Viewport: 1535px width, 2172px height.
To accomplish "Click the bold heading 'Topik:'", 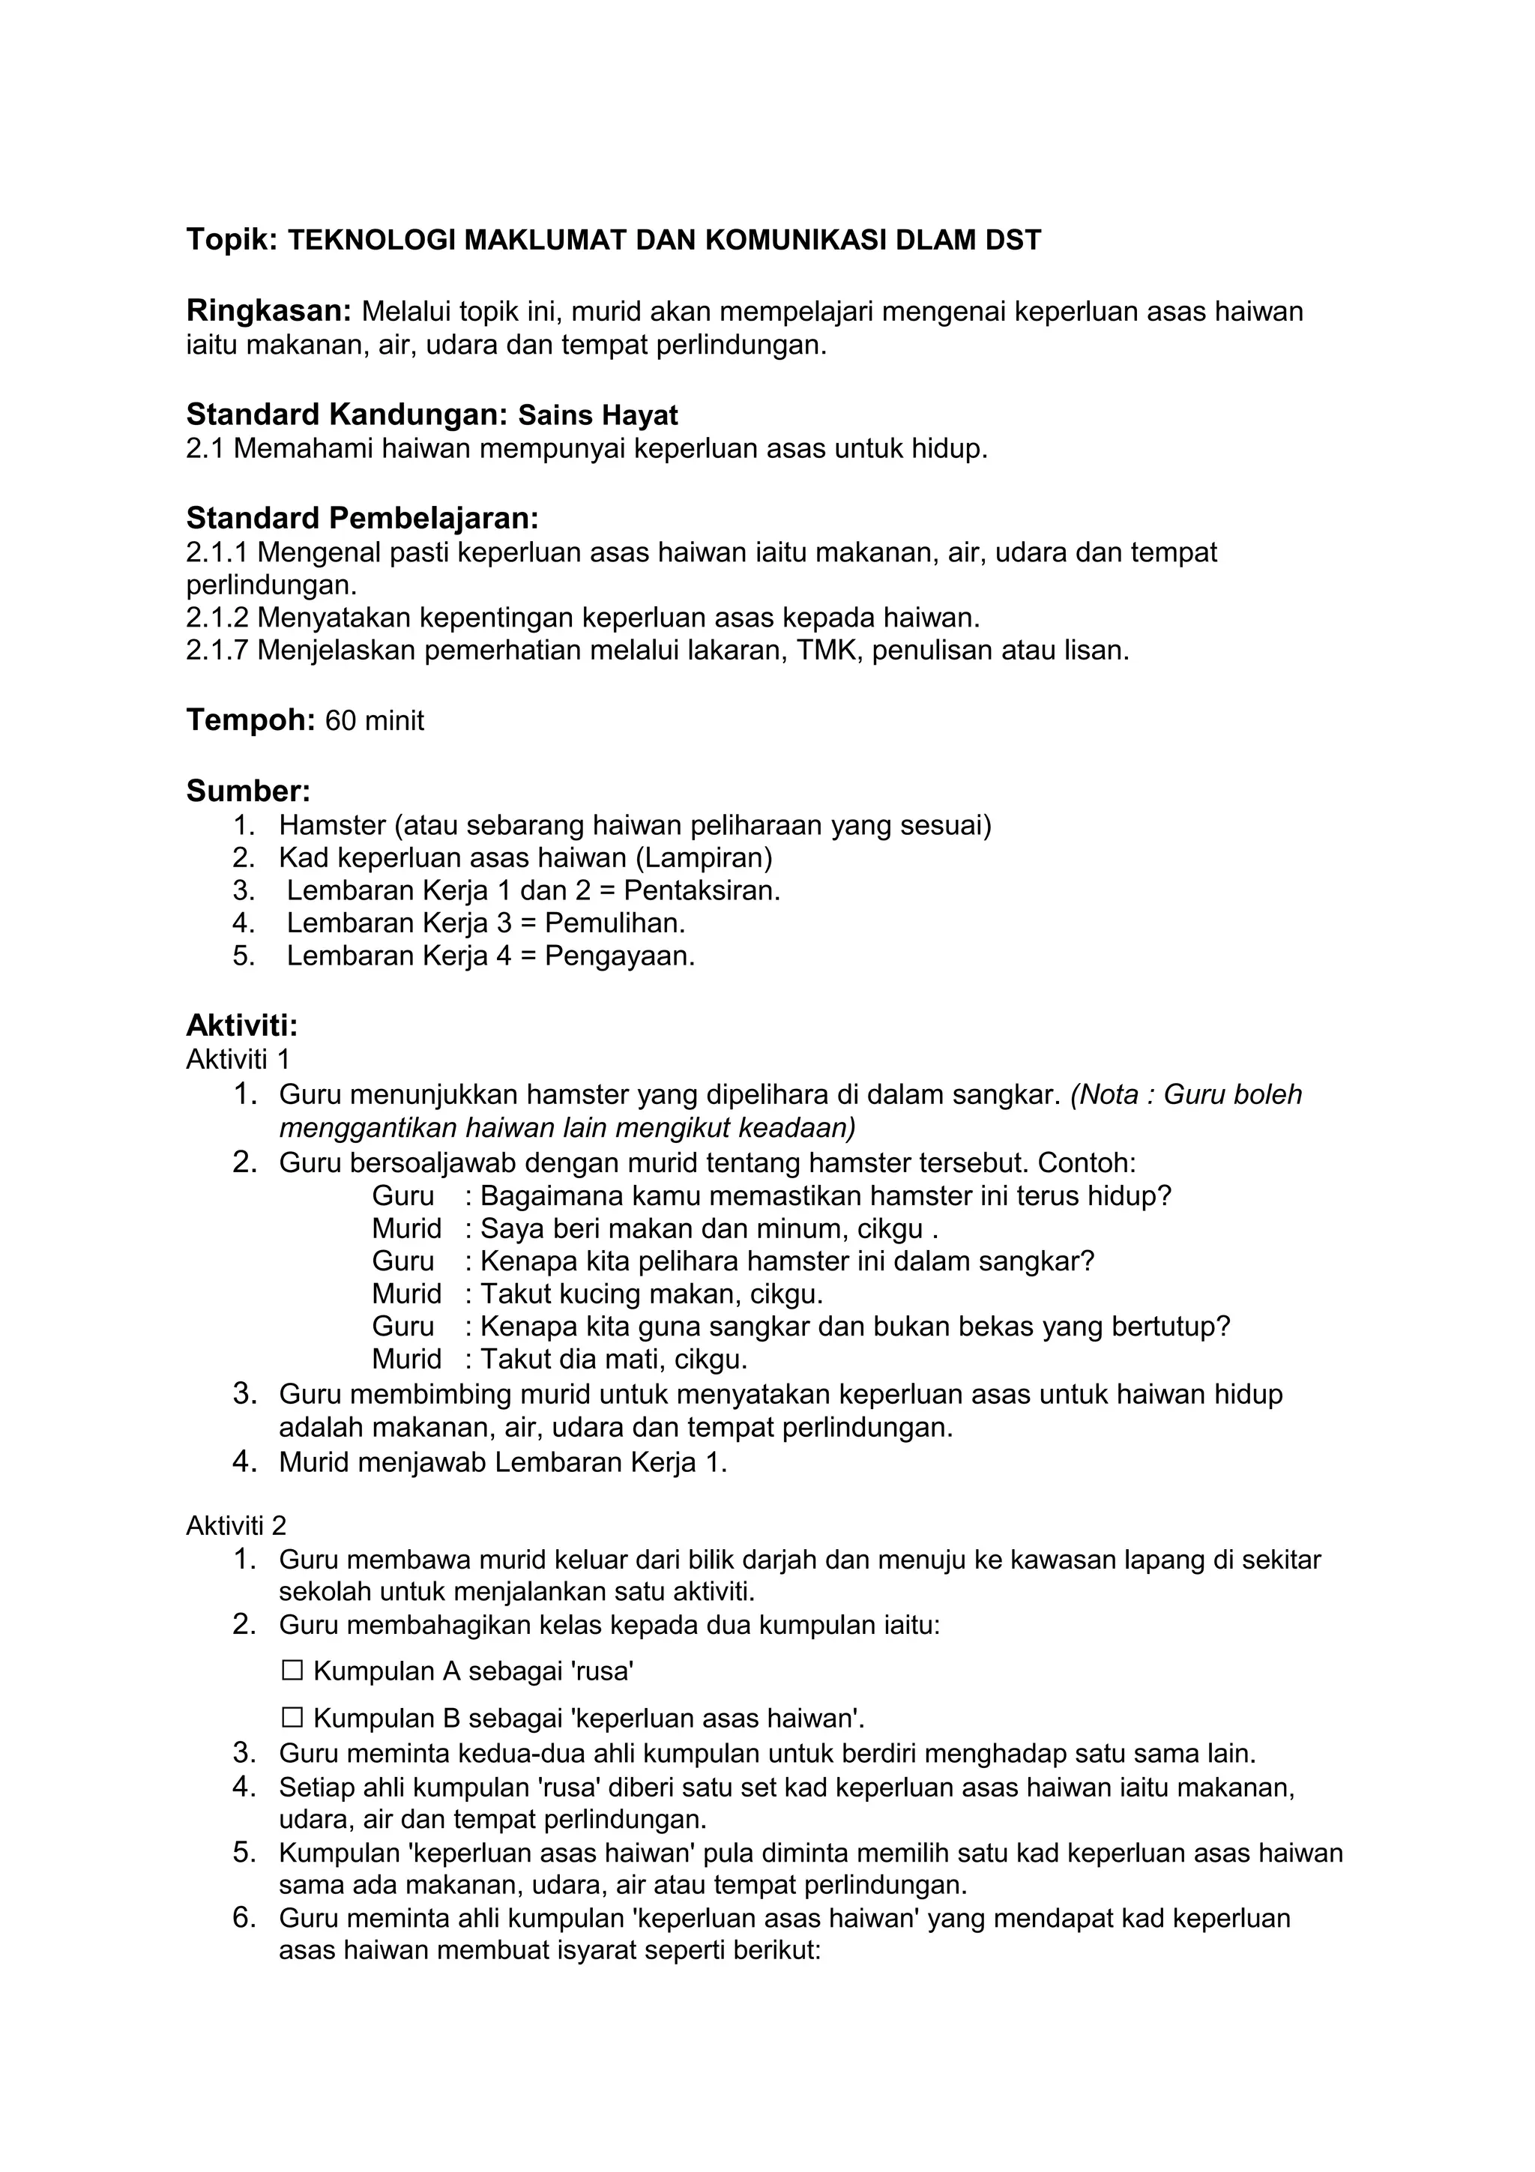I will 231,241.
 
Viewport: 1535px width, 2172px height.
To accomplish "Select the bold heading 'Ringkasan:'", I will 268,310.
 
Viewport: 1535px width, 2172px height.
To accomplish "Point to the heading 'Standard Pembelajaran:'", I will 362,519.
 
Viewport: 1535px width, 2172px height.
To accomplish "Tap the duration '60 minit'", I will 375,721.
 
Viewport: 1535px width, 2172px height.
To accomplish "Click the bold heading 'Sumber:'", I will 248,791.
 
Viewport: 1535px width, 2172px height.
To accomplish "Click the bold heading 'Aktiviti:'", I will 242,1025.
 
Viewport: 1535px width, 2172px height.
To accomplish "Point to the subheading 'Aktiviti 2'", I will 235,1526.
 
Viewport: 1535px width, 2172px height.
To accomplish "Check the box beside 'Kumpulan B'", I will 292,1717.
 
